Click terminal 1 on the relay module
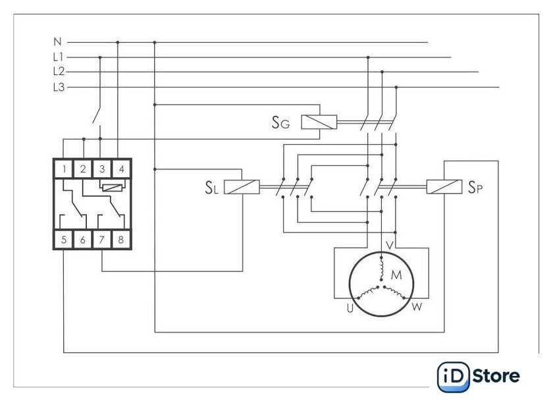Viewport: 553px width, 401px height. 64,169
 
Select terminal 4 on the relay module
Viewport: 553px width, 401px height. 121,169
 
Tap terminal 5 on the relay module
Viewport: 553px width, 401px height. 64,240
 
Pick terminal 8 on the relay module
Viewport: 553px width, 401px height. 121,240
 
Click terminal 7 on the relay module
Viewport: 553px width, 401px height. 102,240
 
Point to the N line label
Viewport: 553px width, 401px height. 57,42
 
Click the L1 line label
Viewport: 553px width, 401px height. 59,57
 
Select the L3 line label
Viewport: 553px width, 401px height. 59,87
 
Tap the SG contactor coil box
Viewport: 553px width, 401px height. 319,122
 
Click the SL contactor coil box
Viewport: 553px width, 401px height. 242,187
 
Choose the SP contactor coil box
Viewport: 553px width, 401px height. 444,186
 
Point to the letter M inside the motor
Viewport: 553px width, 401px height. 396,275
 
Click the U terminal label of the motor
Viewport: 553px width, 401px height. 350,308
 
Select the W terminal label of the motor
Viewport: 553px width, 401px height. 417,307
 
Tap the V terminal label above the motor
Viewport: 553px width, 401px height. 389,246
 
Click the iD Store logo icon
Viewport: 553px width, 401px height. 453,377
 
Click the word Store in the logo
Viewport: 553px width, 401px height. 496,376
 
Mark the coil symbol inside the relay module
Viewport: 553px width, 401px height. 112,187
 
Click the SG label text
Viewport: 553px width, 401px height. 280,122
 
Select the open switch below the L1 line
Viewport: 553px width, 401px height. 97,115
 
